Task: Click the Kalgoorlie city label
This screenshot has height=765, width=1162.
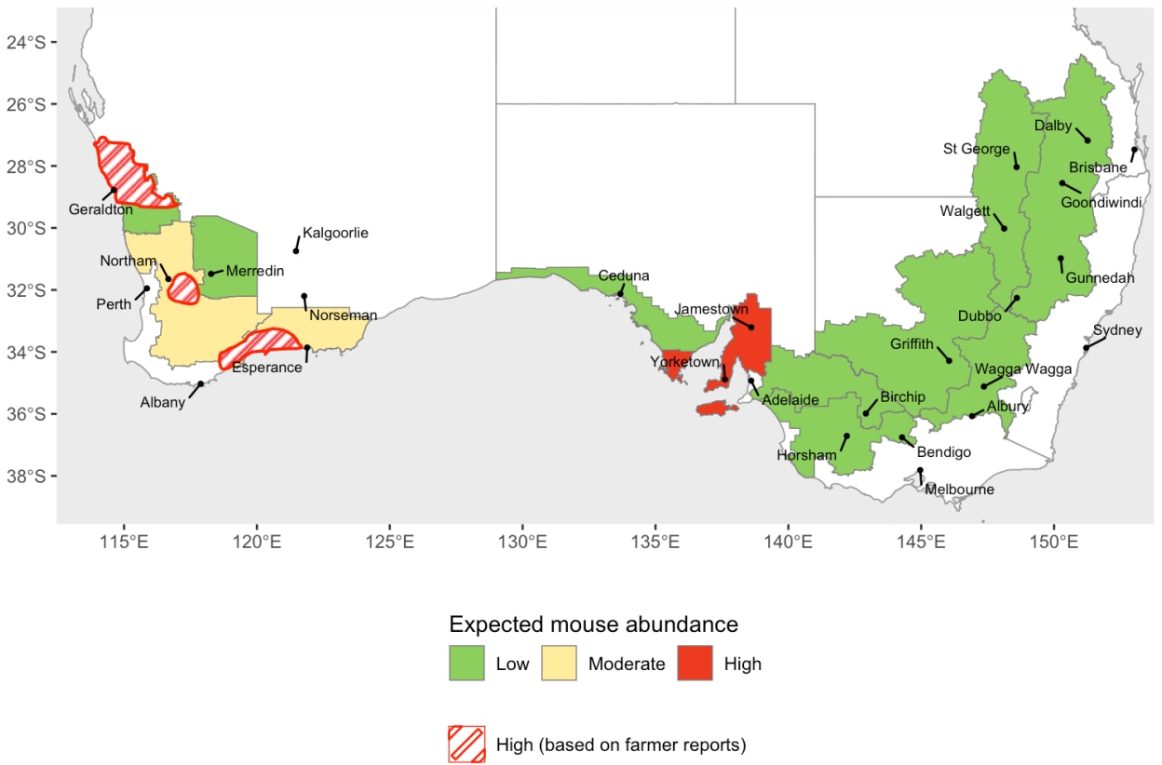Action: click(335, 233)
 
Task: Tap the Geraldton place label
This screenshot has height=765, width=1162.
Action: click(101, 209)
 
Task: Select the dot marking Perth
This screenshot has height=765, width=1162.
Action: click(146, 289)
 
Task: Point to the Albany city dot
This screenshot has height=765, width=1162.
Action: click(200, 383)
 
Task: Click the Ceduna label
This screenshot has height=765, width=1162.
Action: click(624, 276)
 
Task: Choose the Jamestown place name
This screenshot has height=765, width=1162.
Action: click(711, 309)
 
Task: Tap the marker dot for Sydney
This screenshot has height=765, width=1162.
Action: click(1086, 348)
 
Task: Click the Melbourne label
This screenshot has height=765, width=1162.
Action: click(959, 490)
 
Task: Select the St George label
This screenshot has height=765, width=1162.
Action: click(976, 149)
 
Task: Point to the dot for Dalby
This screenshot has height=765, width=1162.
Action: click(1088, 141)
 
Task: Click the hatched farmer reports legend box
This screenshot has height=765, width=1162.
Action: click(466, 744)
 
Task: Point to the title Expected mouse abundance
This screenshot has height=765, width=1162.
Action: click(593, 624)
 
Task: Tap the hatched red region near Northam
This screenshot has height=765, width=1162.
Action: click(184, 288)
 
